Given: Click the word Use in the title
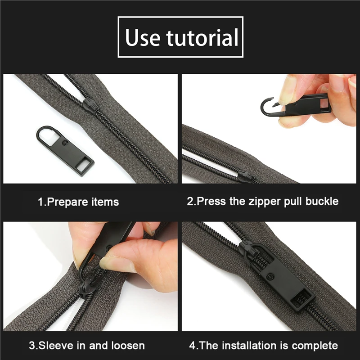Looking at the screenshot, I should [143, 38].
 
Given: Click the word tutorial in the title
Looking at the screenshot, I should [201, 38].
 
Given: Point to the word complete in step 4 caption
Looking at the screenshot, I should [315, 346].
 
